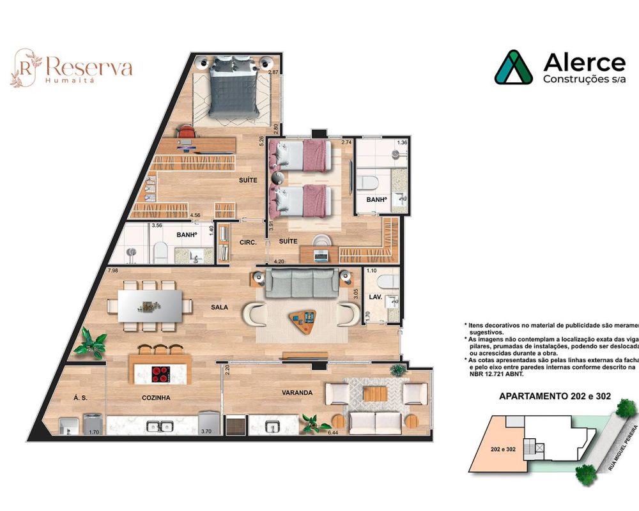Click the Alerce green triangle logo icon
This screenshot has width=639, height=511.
pos(513,68)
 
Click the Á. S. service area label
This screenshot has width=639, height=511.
pos(80,397)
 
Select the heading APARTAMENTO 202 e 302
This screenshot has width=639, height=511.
pos(554,396)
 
